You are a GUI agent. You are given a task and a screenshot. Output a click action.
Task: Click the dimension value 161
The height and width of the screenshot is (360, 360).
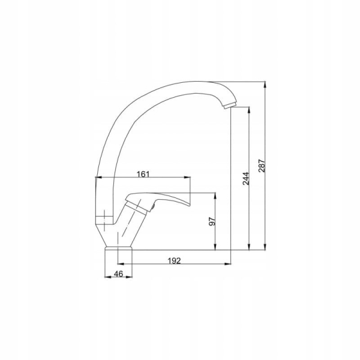[143, 174]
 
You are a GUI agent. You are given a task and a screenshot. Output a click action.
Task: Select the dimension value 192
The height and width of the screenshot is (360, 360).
[174, 261]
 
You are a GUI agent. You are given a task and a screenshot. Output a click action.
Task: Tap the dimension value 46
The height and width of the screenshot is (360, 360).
[118, 274]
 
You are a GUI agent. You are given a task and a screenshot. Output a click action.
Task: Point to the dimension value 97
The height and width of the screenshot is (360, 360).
[212, 221]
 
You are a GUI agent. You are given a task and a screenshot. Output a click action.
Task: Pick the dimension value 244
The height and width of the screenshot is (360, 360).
[246, 178]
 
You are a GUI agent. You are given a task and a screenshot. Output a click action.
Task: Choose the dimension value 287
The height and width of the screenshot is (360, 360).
[262, 166]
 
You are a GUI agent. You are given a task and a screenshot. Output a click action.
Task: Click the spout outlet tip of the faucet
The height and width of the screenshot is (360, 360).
[230, 106]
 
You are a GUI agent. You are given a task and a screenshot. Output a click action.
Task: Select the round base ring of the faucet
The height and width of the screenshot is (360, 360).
[119, 248]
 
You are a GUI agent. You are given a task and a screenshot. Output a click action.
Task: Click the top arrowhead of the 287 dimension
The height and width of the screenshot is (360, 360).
[265, 84]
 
